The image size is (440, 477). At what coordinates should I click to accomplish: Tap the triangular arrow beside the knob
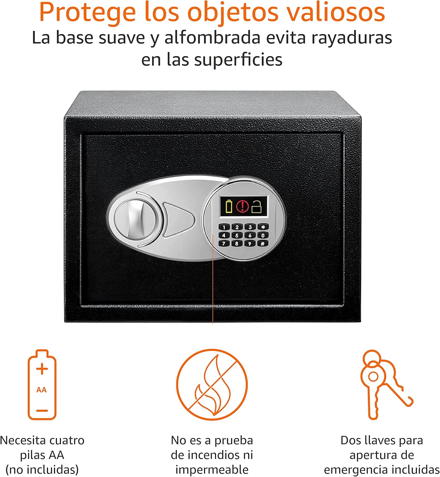tap(178, 220)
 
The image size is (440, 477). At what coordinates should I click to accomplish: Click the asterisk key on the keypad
tap(263, 227)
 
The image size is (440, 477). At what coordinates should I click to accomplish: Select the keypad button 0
tap(263, 236)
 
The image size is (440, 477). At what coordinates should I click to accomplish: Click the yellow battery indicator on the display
tap(229, 206)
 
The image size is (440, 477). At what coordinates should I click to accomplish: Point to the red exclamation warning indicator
tap(243, 206)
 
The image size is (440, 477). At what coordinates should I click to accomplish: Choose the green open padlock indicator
tap(257, 206)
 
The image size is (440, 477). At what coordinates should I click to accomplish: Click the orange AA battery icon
tap(42, 385)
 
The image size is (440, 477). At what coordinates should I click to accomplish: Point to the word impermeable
tap(212, 470)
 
